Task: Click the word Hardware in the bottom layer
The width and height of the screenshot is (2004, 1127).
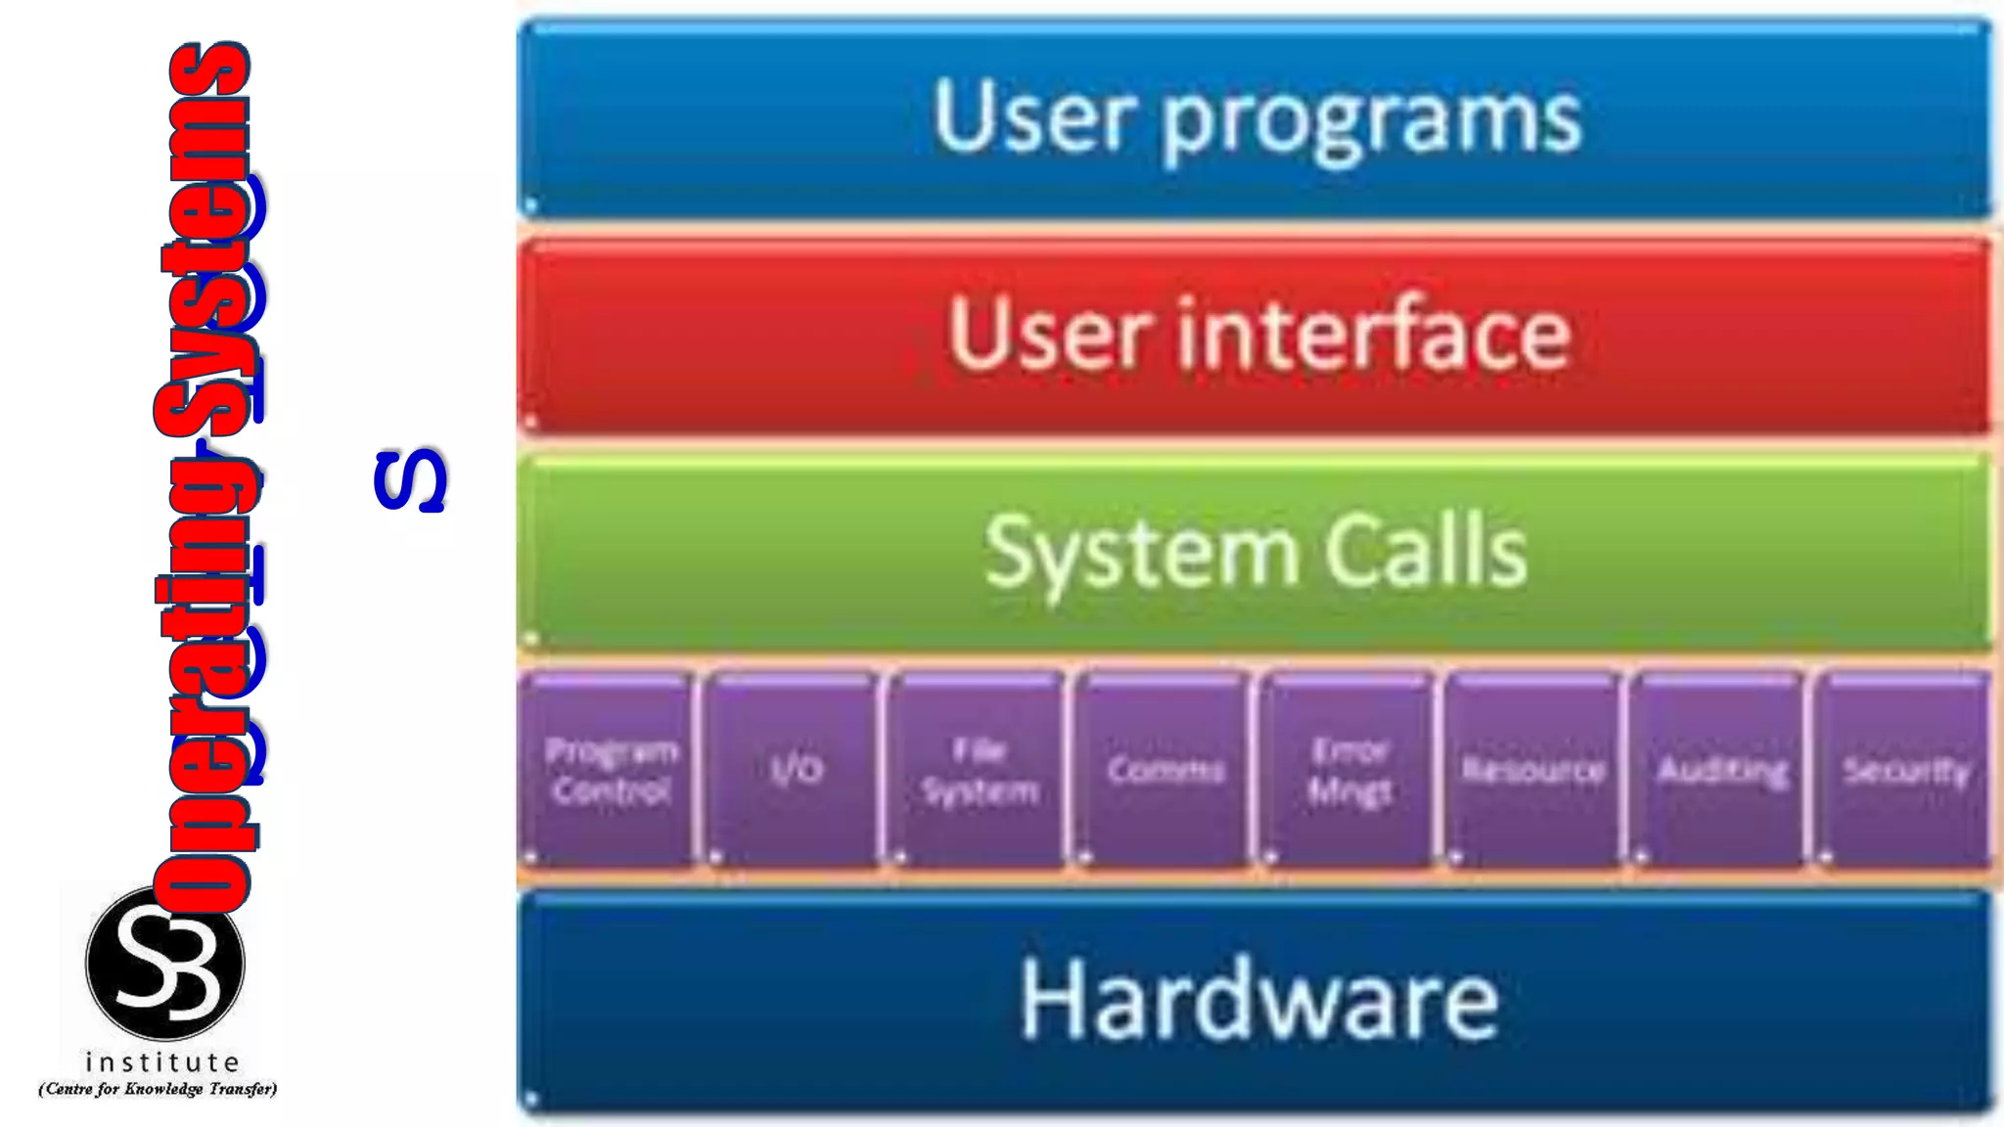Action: pos(1258,1000)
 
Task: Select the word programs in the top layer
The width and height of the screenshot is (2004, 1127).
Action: pos(1370,121)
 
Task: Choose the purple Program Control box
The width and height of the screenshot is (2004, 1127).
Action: pos(611,770)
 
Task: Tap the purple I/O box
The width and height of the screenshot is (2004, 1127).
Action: pos(795,770)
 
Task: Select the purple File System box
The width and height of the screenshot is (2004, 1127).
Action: pos(979,770)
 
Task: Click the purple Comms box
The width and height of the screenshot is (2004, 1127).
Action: pos(1164,770)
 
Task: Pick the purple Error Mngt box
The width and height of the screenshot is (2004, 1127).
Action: pos(1349,770)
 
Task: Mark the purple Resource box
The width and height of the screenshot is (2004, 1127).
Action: pos(1533,770)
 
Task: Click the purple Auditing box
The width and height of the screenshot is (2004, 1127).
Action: pos(1720,770)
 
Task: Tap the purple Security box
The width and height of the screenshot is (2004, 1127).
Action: pos(1904,770)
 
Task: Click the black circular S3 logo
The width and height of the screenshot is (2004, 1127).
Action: pos(164,963)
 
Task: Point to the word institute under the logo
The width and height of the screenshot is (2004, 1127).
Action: pos(162,1062)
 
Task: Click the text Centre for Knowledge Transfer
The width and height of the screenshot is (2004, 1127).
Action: pos(158,1089)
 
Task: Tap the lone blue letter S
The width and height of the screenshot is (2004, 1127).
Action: pos(410,480)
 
